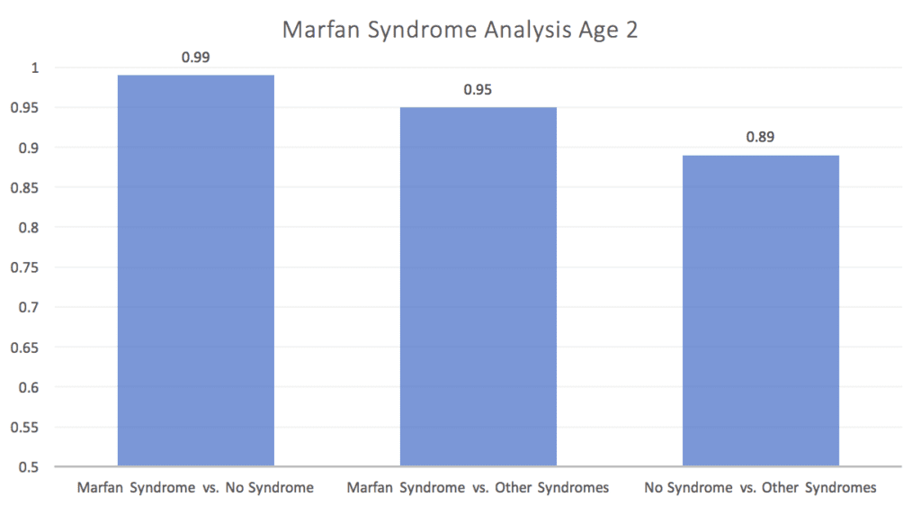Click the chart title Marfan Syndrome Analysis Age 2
tap(460, 30)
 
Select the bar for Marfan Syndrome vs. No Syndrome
tap(195, 270)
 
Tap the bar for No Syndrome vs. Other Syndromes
tap(761, 311)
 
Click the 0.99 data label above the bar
tap(195, 57)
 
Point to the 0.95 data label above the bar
tap(478, 90)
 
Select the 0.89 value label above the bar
tap(761, 138)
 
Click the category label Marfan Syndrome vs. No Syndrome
tap(195, 488)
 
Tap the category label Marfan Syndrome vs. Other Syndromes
tap(478, 488)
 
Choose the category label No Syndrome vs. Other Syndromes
tap(761, 488)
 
